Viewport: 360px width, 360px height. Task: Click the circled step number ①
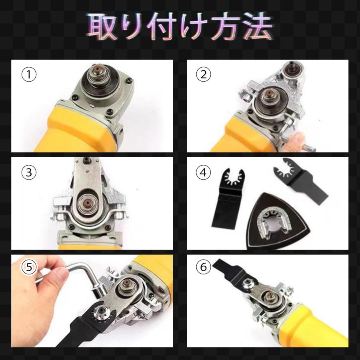click(29, 74)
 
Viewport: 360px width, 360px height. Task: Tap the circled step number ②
click(204, 74)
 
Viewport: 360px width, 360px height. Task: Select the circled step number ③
click(29, 172)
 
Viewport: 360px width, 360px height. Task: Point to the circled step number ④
click(204, 172)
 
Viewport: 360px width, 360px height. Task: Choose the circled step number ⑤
click(29, 267)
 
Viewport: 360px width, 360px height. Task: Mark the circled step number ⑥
click(204, 267)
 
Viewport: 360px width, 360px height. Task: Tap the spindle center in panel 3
click(87, 203)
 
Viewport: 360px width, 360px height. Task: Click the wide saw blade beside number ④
click(228, 198)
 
